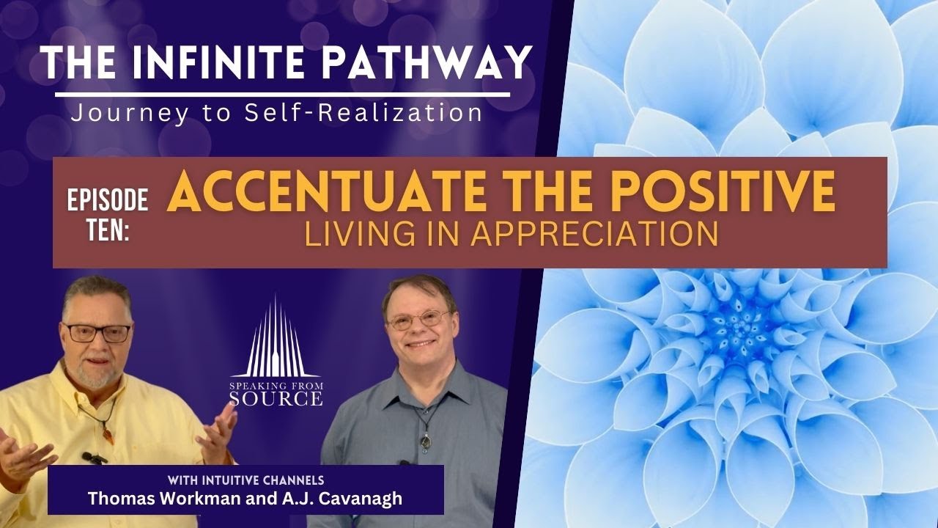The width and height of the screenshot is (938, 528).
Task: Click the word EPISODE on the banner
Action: (x=108, y=199)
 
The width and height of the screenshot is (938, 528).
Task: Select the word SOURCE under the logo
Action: (x=275, y=398)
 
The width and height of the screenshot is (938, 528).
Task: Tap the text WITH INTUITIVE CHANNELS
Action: (x=245, y=481)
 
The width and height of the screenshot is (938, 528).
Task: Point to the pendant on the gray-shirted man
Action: (x=424, y=441)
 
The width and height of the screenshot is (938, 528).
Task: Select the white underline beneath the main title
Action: (x=282, y=94)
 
